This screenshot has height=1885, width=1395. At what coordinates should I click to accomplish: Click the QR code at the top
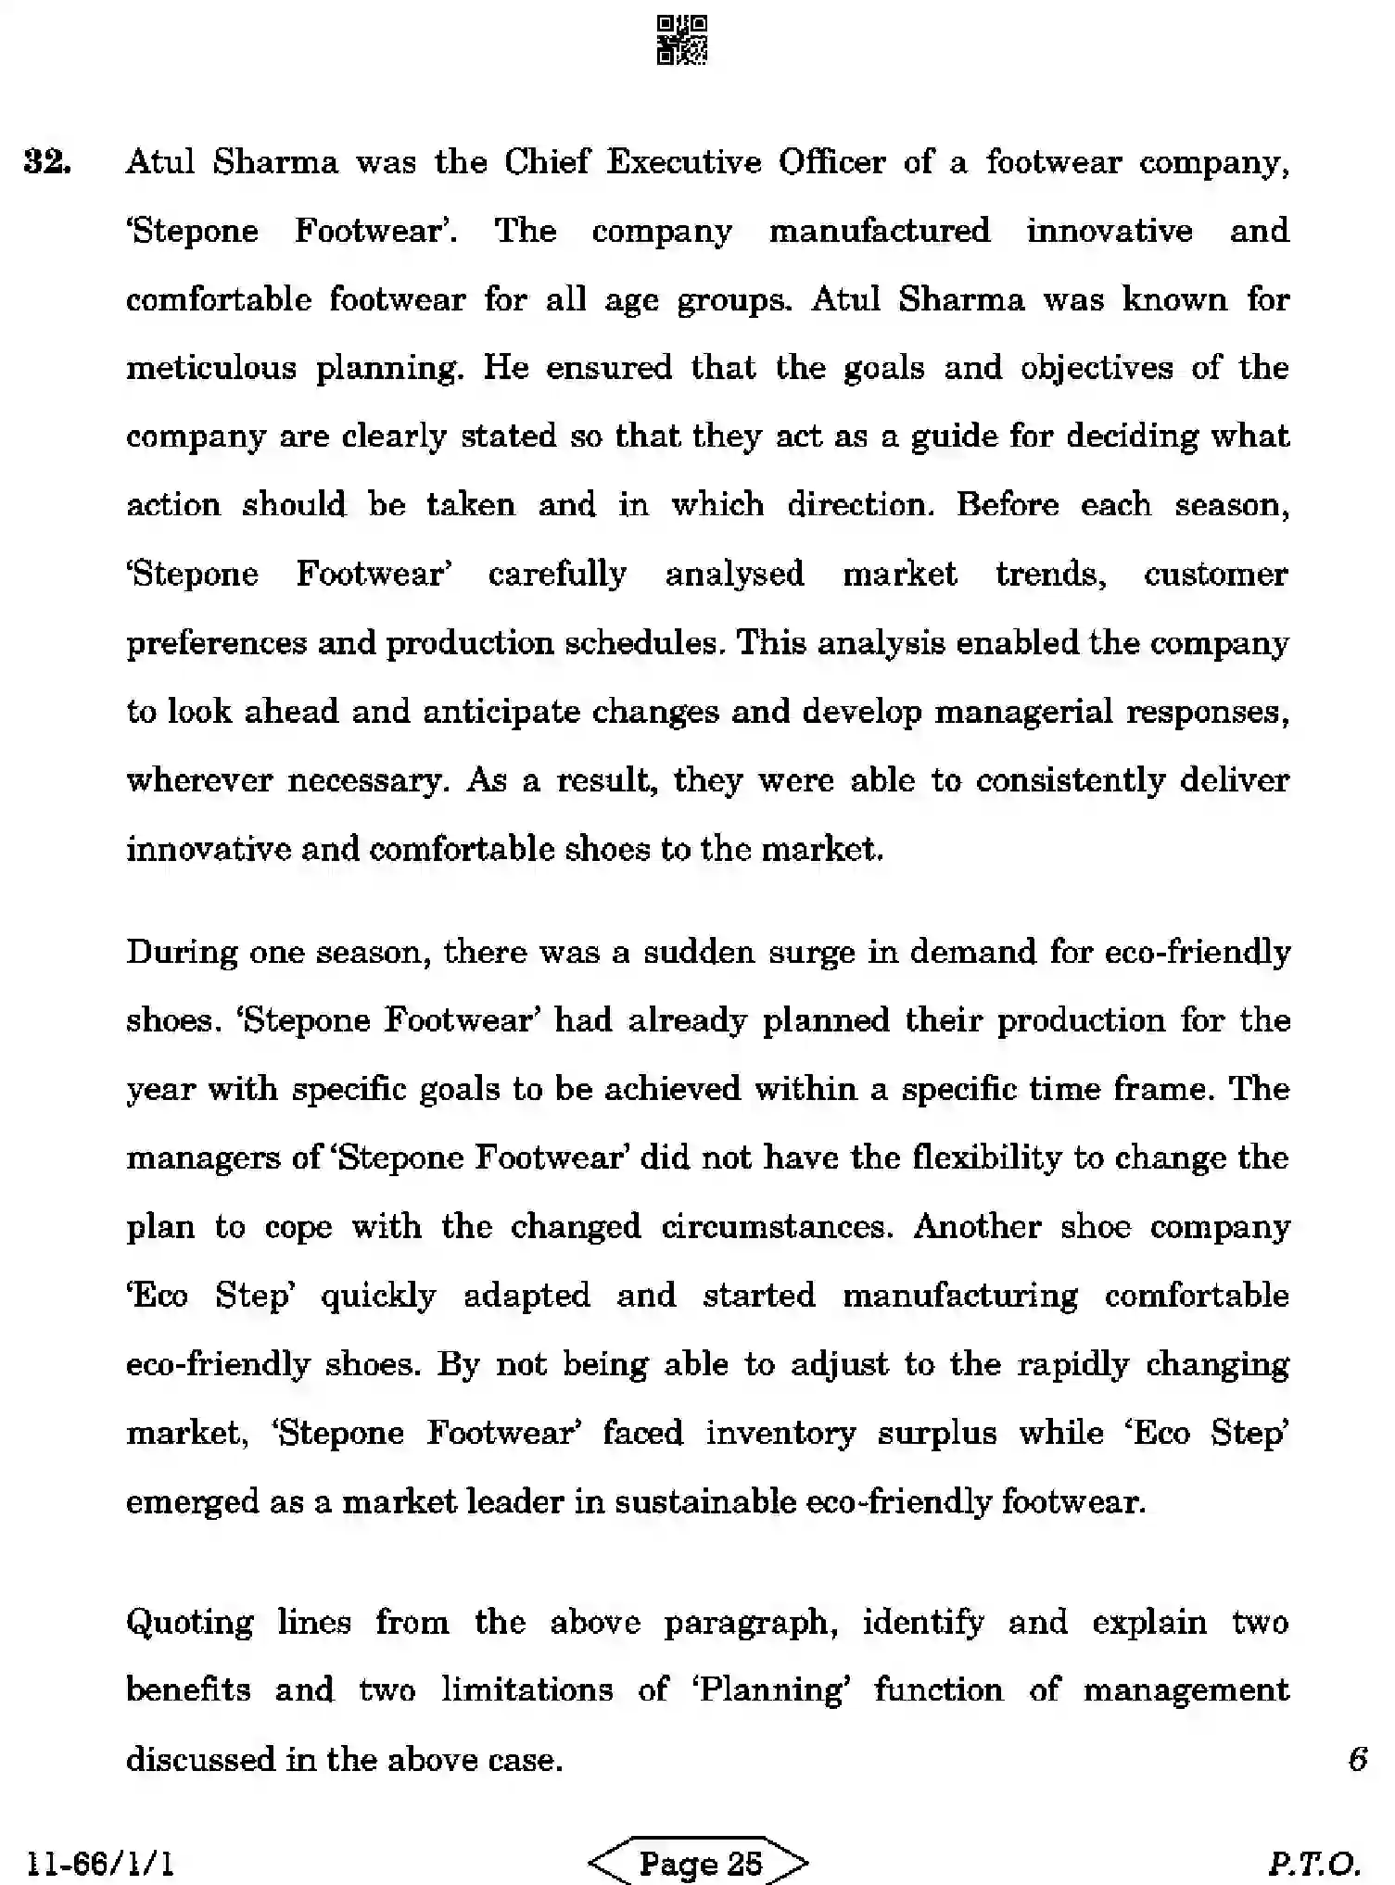tap(682, 40)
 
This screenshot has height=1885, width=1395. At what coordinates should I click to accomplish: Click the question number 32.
tap(47, 162)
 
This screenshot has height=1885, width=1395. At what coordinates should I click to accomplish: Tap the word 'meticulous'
tap(210, 369)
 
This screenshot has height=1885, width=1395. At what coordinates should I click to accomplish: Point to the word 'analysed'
tap(734, 575)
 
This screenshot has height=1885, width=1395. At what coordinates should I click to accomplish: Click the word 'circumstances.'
tap(777, 1227)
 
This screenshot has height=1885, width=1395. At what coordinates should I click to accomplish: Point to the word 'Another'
tap(977, 1227)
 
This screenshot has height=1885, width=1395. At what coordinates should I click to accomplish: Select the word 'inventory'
tap(780, 1433)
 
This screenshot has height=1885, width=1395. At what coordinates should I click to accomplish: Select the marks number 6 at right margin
tap(1358, 1759)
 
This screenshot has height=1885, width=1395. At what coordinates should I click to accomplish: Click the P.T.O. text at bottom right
tap(1314, 1863)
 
